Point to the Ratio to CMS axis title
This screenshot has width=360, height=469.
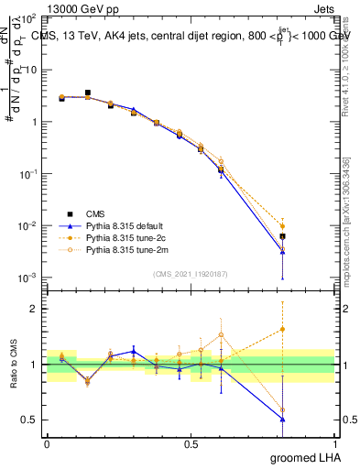click(x=14, y=365)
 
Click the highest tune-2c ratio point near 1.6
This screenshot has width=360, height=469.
click(x=283, y=329)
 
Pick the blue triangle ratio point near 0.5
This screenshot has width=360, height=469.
click(x=283, y=420)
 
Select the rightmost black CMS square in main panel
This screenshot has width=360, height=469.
click(x=283, y=236)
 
